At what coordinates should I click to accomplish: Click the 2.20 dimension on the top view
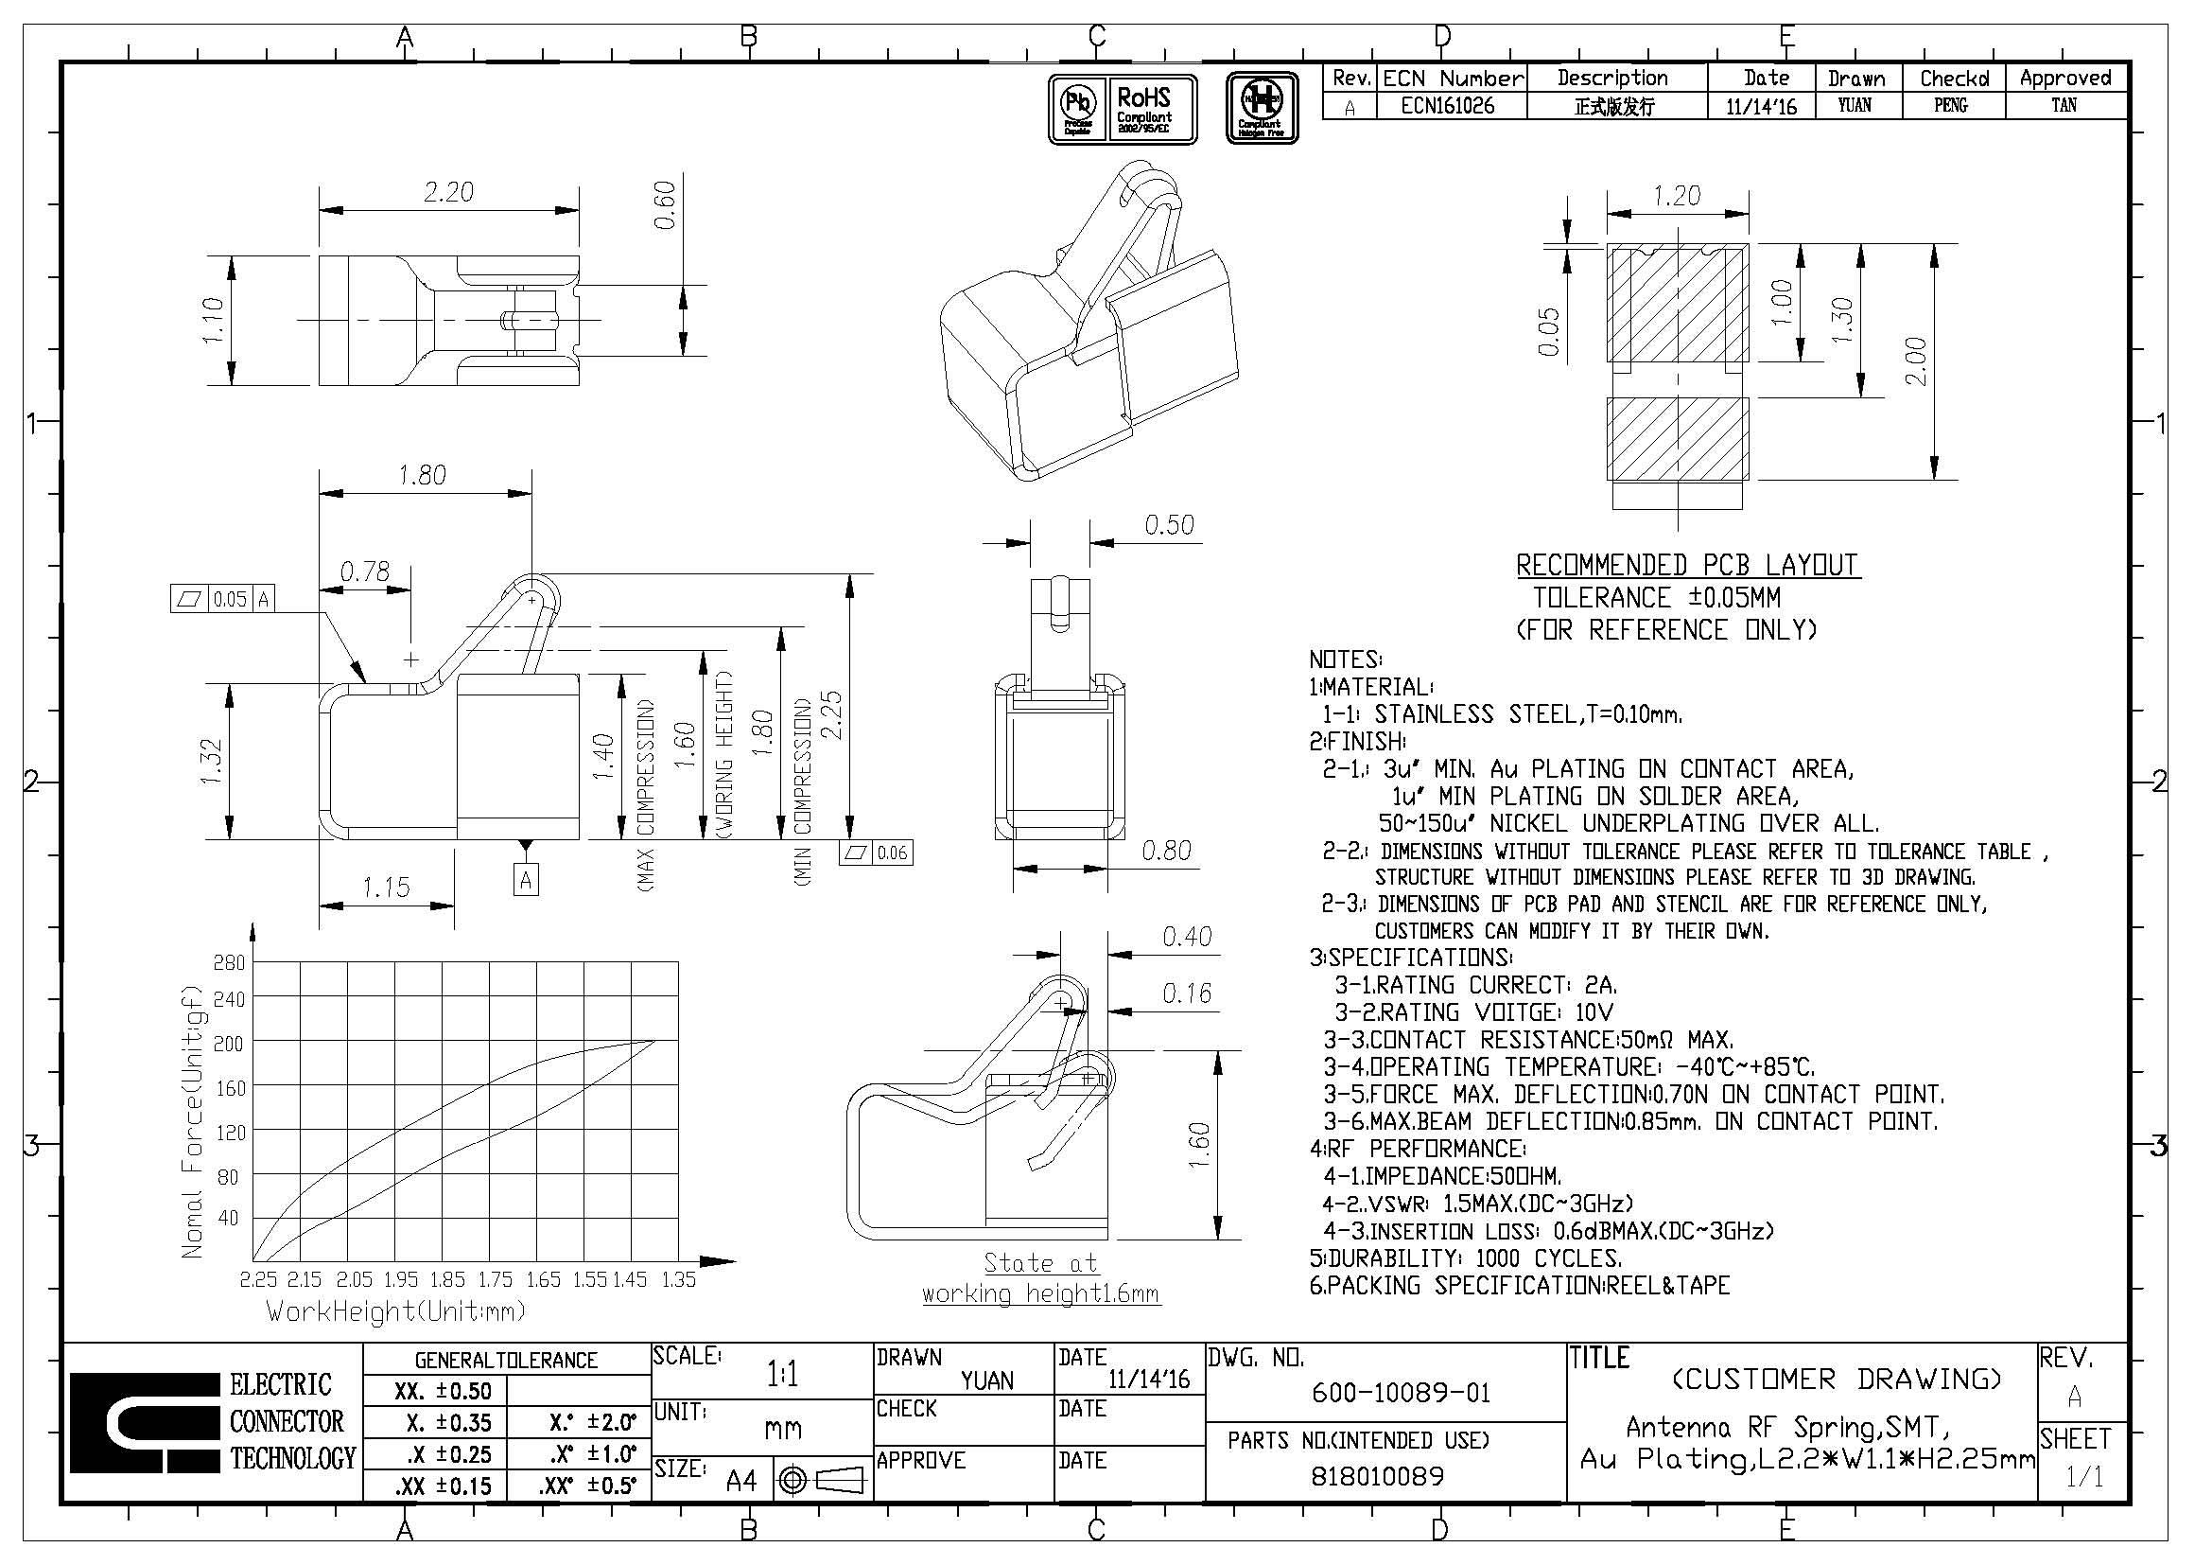point(448,193)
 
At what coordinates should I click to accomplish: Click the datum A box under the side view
point(525,879)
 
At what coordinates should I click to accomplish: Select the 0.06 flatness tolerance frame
point(876,853)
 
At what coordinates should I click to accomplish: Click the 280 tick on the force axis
point(229,962)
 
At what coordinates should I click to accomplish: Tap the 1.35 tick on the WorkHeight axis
point(678,1280)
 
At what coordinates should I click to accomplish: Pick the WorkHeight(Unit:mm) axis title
point(396,1311)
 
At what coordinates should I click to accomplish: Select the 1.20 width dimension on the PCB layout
point(1677,197)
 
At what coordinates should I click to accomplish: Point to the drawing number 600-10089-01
point(1401,1393)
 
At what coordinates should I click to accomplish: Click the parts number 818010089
point(1378,1476)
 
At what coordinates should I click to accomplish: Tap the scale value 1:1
point(781,1375)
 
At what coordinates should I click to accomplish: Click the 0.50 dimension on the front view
point(1169,525)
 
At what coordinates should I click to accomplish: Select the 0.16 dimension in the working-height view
point(1186,994)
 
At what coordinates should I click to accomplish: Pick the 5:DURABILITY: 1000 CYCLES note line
point(1465,1258)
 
